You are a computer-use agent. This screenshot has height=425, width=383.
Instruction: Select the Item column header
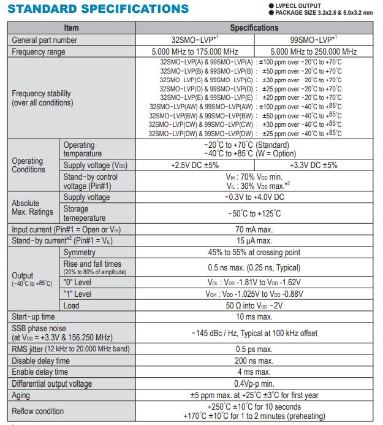(x=71, y=28)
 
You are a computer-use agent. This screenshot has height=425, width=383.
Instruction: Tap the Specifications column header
(x=254, y=28)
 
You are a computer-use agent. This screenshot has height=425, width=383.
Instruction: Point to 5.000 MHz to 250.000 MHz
(x=313, y=52)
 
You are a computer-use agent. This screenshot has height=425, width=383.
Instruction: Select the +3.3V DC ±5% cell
(x=313, y=165)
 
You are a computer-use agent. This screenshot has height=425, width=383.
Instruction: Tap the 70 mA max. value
(x=254, y=229)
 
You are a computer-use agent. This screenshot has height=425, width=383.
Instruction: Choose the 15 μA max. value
(x=254, y=240)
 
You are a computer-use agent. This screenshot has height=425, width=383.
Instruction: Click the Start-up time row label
(x=34, y=316)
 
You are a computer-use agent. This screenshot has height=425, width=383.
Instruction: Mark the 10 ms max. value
(x=254, y=316)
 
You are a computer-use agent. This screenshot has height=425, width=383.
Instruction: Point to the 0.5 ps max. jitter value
(x=254, y=350)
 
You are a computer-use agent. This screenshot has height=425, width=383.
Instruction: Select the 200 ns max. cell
(x=254, y=361)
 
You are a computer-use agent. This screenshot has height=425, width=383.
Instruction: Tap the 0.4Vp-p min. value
(x=254, y=383)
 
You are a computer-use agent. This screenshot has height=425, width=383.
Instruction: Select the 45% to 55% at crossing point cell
(x=254, y=252)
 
